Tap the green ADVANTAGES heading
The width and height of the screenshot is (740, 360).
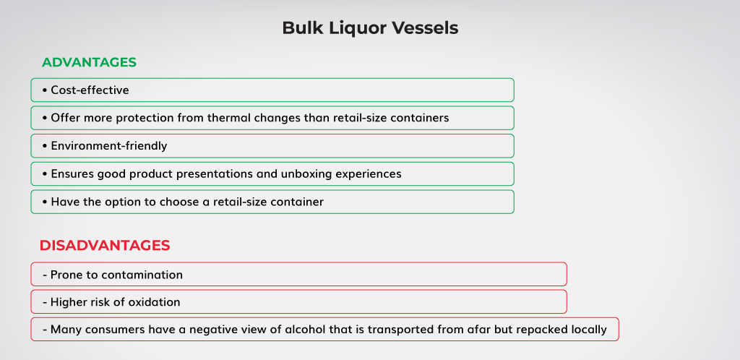tap(89, 62)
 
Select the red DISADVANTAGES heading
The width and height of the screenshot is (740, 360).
tap(105, 245)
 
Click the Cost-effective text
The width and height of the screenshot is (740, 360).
tap(90, 90)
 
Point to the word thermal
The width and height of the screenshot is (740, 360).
tap(228, 118)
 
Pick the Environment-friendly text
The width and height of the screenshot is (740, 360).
tap(109, 146)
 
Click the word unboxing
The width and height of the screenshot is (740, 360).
tap(306, 174)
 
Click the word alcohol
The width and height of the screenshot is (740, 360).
tap(303, 330)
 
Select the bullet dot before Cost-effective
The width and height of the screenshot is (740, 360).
tap(45, 90)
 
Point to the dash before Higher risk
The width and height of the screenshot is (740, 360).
tap(45, 302)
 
